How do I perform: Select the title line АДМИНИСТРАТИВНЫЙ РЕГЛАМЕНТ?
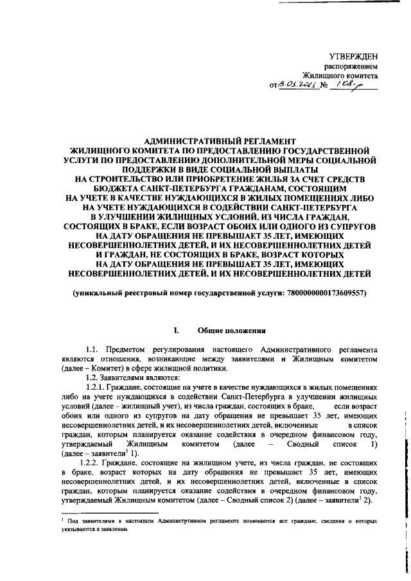220,140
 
